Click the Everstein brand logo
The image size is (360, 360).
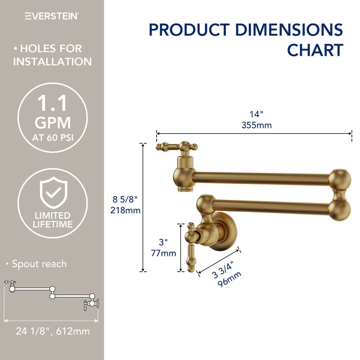pyautogui.click(x=52, y=16)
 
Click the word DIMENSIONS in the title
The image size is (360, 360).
pyautogui.click(x=289, y=30)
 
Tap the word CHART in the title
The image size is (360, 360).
pyautogui.click(x=315, y=50)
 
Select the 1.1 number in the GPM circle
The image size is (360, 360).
pyautogui.click(x=52, y=103)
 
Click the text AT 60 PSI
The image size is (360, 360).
pyautogui.click(x=53, y=137)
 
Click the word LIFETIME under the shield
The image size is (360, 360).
pyautogui.click(x=53, y=224)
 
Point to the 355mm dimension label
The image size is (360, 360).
pyautogui.click(x=256, y=125)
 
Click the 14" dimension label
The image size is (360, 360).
pyautogui.click(x=256, y=114)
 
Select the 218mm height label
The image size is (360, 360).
pyautogui.click(x=126, y=210)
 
